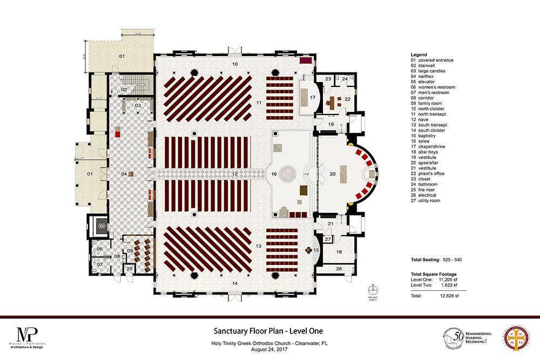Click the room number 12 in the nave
(x=235, y=174)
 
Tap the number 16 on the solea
(x=274, y=174)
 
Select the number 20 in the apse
(x=333, y=174)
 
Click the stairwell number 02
(x=124, y=89)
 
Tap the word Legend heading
(x=418, y=55)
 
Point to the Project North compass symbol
(x=372, y=289)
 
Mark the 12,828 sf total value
(x=449, y=296)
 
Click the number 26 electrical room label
(x=339, y=268)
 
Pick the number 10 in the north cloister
(x=235, y=64)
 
